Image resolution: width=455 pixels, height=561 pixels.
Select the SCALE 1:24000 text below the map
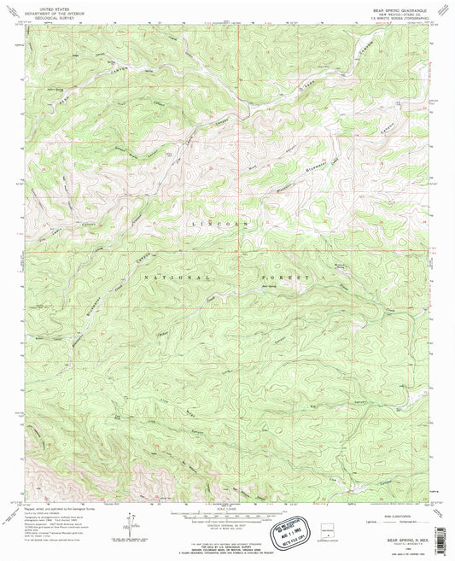[x=226, y=510]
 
